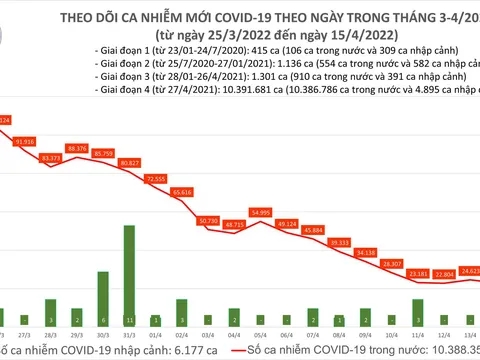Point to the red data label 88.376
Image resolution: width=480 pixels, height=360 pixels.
pyautogui.click(x=77, y=148)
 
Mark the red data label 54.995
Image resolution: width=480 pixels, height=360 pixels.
pyautogui.click(x=260, y=212)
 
